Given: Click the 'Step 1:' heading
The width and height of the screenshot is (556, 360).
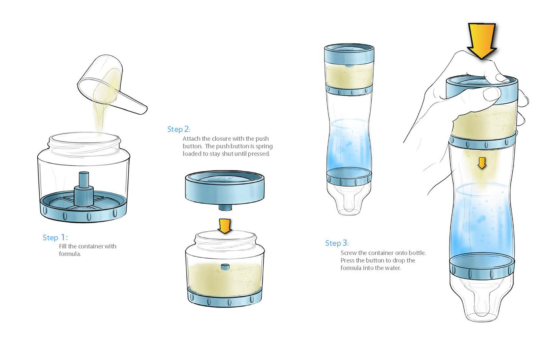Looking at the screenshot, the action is [55, 238].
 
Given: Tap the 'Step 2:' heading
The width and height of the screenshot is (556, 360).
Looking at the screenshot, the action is [179, 129].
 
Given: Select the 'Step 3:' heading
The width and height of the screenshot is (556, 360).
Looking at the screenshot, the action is [337, 243].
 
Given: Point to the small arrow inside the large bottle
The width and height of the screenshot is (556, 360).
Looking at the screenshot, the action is [482, 163].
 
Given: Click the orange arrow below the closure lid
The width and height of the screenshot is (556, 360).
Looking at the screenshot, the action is [225, 226].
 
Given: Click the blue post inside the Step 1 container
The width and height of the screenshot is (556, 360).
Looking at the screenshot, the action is [84, 189].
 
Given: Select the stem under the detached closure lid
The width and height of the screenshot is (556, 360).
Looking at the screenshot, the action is [225, 207].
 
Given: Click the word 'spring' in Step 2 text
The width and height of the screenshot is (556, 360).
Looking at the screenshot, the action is [264, 147].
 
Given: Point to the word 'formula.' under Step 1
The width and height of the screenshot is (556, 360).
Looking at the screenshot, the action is [70, 254].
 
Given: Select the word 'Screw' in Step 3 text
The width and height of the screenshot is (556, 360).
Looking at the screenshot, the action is [349, 253].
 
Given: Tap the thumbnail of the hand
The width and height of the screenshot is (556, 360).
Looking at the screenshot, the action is [492, 94].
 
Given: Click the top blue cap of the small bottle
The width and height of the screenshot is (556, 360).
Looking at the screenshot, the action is [349, 54].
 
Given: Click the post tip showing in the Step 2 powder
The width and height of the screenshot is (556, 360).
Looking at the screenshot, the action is [225, 267].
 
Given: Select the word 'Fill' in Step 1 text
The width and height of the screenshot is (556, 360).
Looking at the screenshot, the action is [63, 246].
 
